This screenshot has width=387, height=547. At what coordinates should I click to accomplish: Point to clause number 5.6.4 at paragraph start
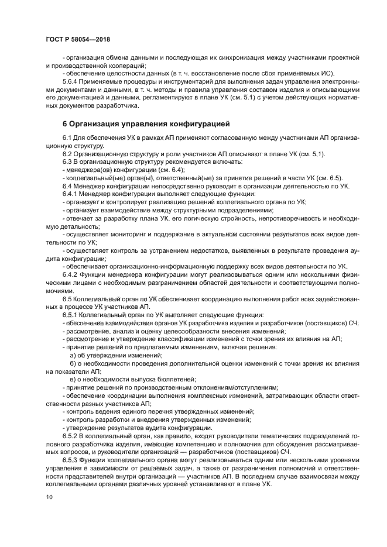(x=71, y=82)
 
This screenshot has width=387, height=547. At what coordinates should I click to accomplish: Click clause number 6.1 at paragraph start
(x=66, y=137)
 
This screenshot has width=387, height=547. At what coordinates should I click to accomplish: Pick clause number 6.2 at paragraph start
(x=66, y=153)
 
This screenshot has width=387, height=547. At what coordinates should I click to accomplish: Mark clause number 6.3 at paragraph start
(x=66, y=161)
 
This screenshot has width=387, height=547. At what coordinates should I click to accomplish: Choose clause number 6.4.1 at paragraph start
(x=70, y=194)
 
